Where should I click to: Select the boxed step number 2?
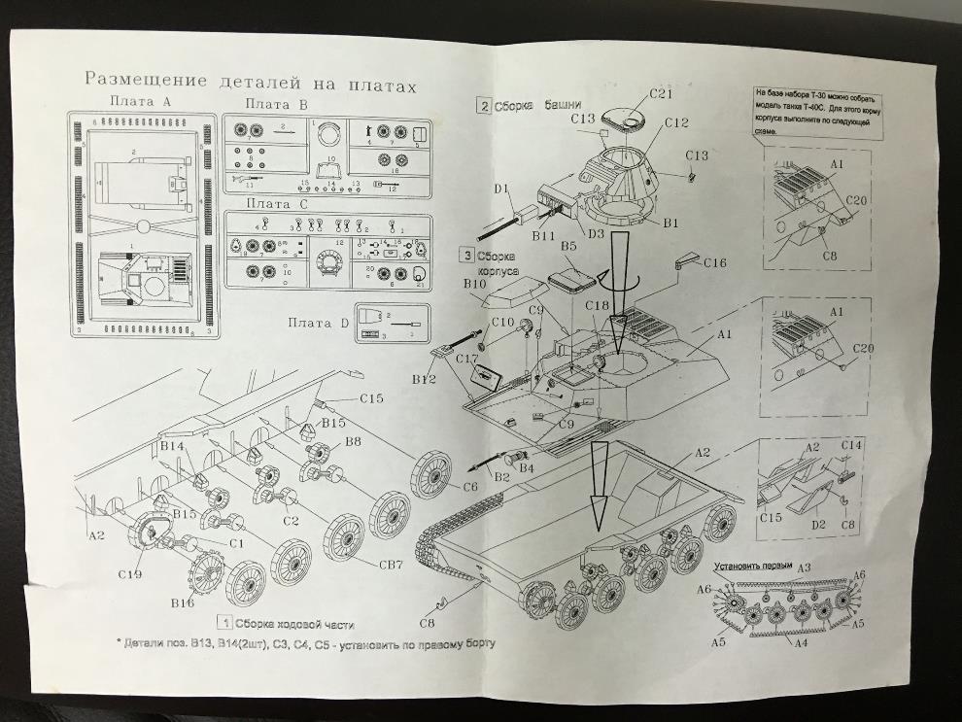(x=483, y=106)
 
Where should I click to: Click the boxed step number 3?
(x=467, y=256)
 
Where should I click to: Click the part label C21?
(x=661, y=94)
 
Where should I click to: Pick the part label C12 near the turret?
(x=676, y=123)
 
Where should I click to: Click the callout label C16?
(x=714, y=263)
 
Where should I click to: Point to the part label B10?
(x=474, y=284)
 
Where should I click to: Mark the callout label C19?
(x=131, y=574)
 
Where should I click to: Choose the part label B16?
(x=183, y=603)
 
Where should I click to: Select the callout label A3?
(x=804, y=567)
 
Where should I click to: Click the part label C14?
(x=851, y=444)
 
